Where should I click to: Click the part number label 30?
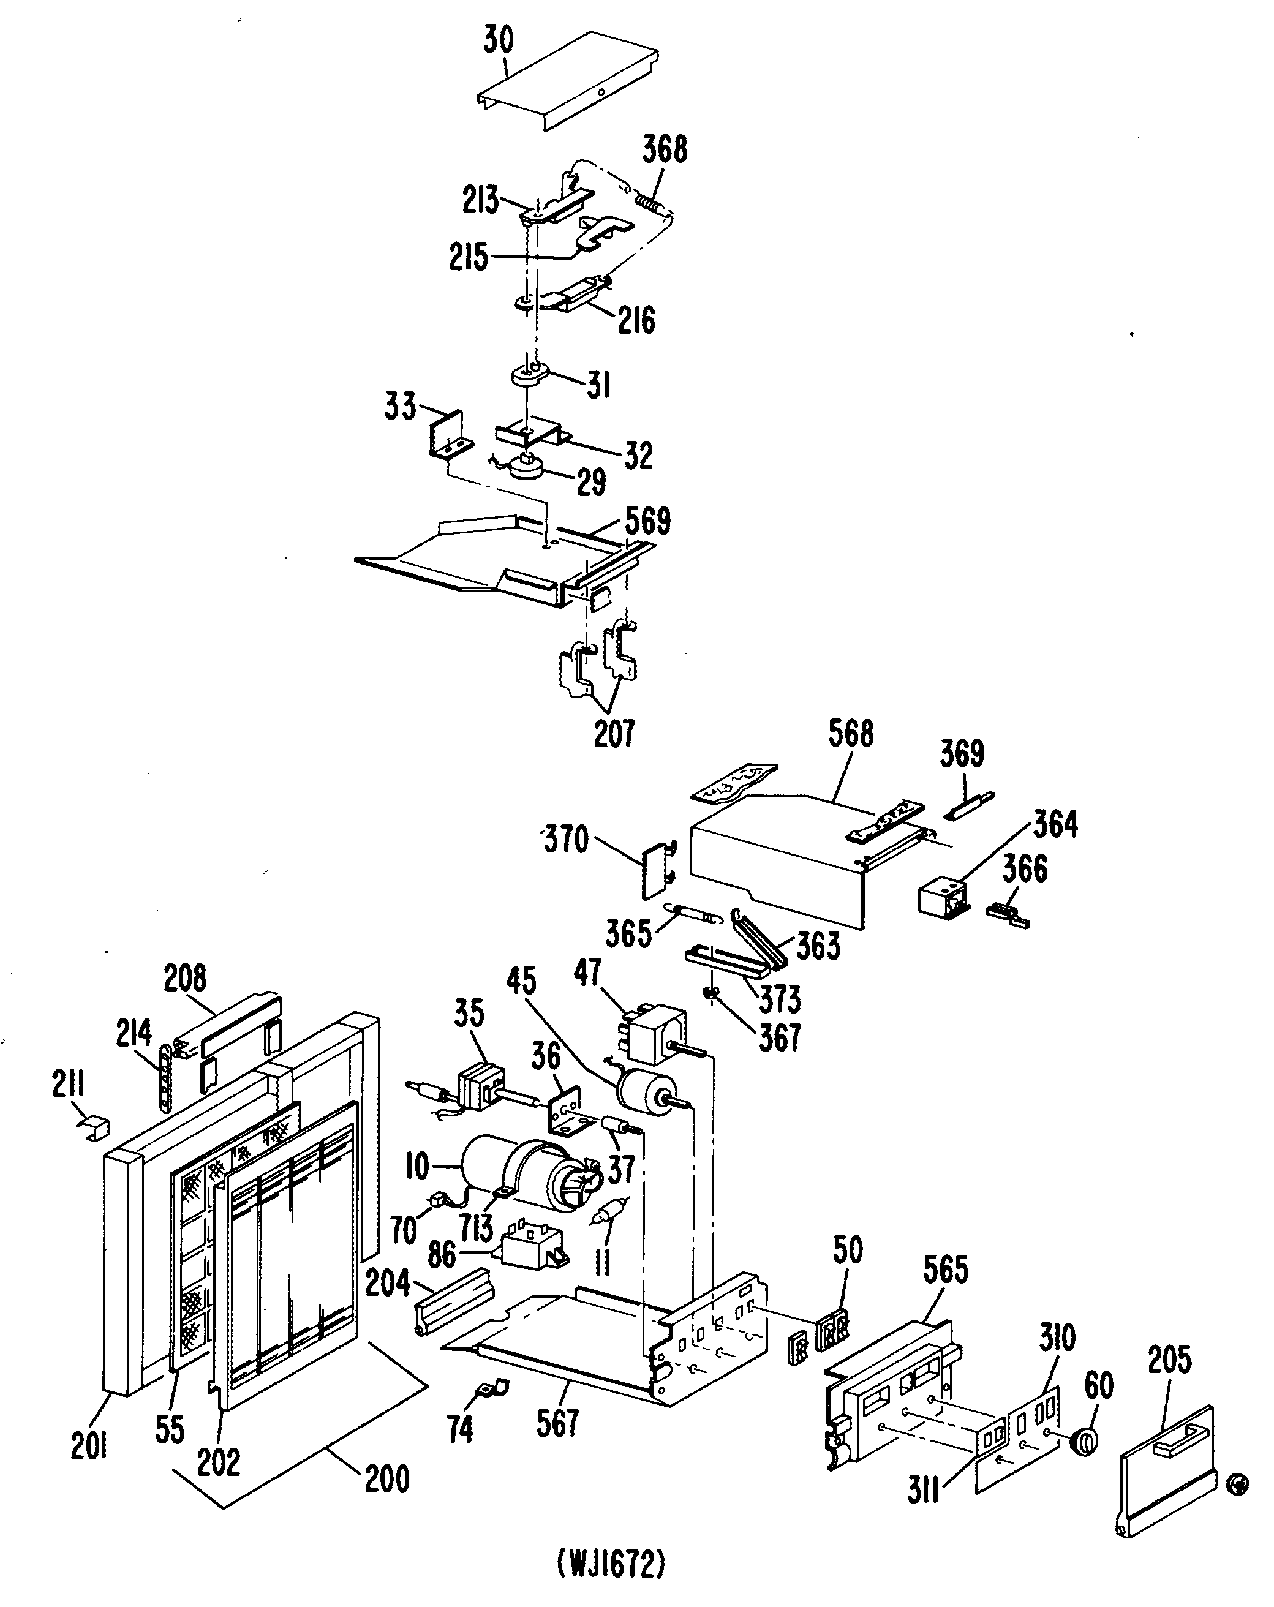click(x=498, y=41)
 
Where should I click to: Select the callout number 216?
click(x=636, y=320)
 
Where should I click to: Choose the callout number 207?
click(x=614, y=734)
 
